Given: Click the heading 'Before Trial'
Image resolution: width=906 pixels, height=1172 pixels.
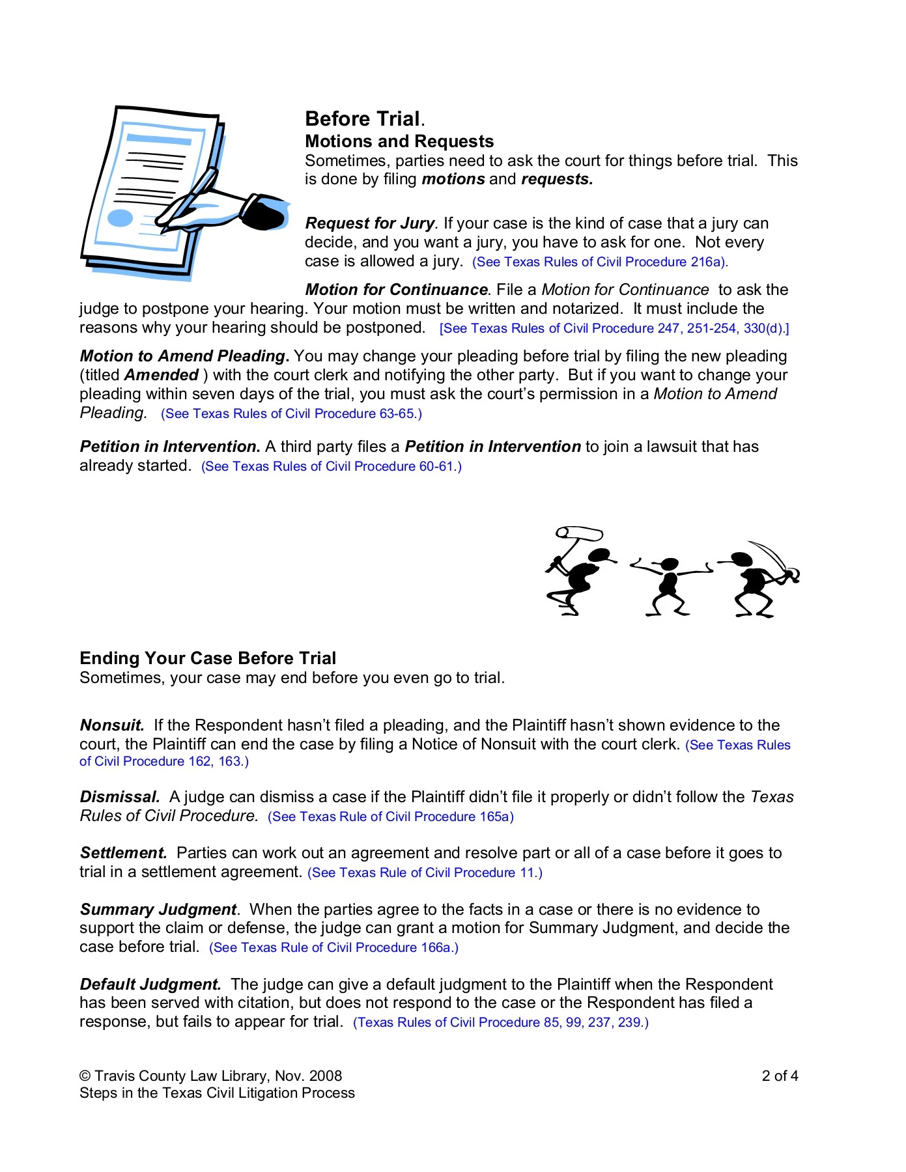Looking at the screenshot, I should click(363, 119).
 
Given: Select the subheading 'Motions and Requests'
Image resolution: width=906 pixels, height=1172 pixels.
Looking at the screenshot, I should click(399, 141).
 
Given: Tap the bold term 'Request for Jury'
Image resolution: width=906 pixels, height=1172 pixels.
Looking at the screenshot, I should click(369, 223).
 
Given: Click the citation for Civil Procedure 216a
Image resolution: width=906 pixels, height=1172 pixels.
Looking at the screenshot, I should click(600, 262).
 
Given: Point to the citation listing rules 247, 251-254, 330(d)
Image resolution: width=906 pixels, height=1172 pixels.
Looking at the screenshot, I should click(614, 329).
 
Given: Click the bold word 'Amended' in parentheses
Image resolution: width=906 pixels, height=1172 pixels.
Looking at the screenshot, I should click(162, 375).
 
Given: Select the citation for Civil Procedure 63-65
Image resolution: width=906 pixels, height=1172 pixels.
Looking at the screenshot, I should click(291, 414).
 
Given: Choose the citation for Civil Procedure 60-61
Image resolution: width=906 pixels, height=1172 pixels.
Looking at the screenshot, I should click(332, 467).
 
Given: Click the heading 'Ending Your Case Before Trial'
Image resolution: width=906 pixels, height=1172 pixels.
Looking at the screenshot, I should click(208, 658).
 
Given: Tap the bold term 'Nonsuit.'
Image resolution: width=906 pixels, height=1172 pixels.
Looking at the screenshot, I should click(112, 725).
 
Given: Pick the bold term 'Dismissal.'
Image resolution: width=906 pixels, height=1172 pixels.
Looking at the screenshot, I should click(120, 797).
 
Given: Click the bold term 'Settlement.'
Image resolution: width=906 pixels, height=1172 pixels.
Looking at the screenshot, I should click(124, 853).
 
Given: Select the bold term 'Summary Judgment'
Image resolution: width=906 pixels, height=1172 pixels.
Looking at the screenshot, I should click(158, 910).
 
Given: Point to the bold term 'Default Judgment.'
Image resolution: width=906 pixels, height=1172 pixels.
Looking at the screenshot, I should click(150, 984).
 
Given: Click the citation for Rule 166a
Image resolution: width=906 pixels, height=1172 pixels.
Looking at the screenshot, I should click(333, 948).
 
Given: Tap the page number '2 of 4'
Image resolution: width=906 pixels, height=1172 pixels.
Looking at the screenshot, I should click(780, 1076).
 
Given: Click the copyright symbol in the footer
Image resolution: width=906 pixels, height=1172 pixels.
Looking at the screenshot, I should click(85, 1076).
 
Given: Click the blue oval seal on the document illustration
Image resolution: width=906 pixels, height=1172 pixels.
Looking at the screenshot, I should click(120, 218).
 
